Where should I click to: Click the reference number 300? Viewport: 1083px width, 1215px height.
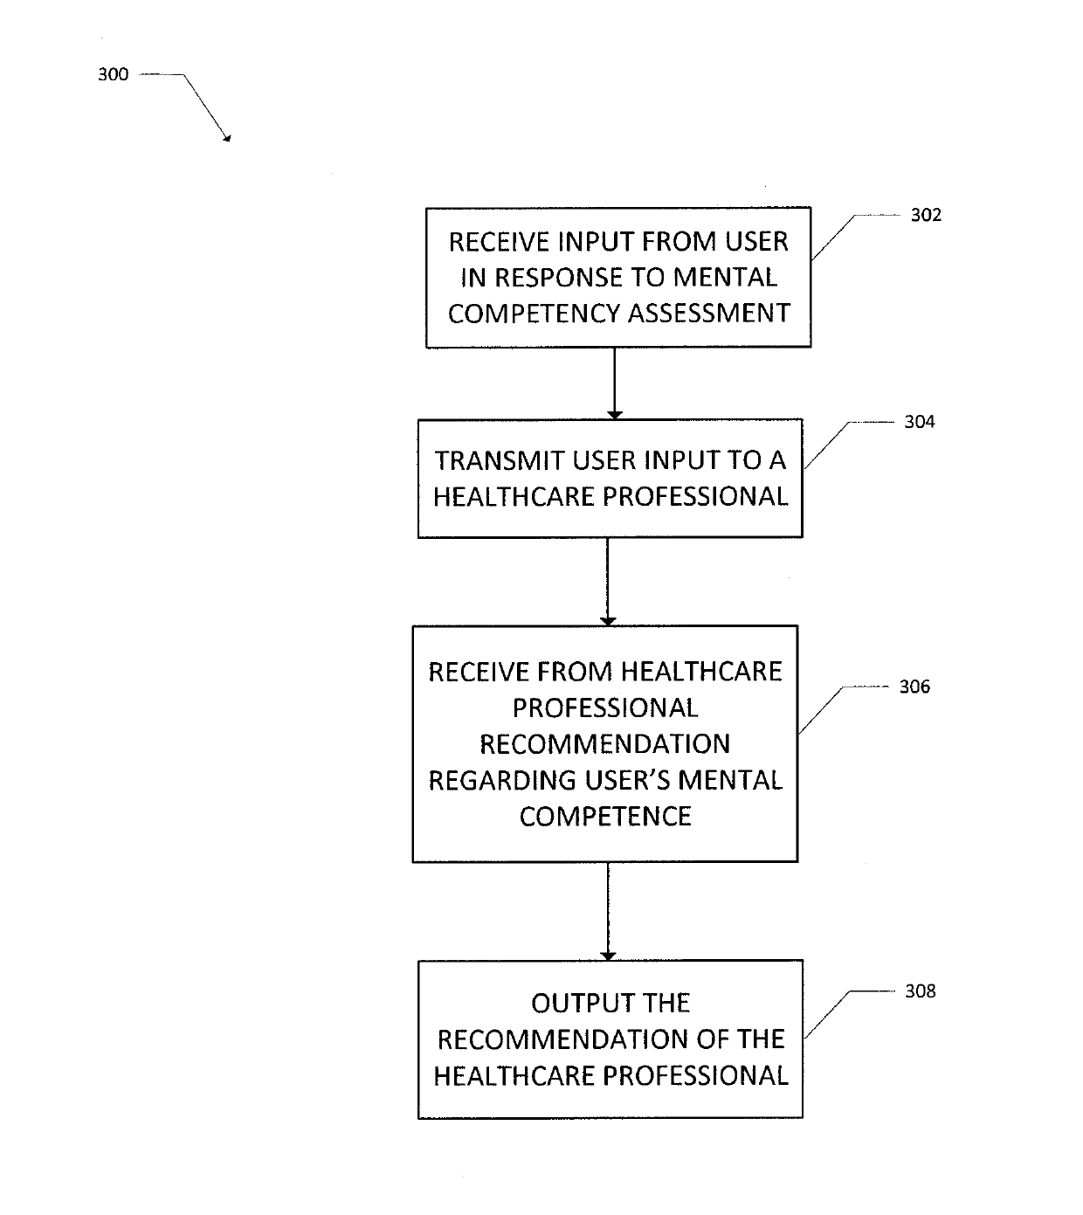[x=114, y=74]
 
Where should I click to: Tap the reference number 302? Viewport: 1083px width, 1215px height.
[x=926, y=215]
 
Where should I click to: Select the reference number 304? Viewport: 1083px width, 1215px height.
[x=920, y=422]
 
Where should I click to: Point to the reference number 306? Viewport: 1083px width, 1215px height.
[x=914, y=687]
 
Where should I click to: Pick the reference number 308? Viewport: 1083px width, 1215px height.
[x=920, y=991]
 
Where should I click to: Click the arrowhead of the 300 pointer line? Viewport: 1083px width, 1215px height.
[x=227, y=139]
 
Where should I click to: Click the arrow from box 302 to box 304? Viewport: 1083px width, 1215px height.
[x=615, y=383]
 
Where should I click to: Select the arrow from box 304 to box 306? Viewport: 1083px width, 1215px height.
[x=608, y=582]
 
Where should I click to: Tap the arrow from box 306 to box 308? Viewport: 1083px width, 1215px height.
[x=608, y=912]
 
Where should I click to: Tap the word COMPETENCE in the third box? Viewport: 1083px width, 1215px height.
[x=605, y=816]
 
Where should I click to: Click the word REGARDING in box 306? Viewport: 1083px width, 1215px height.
[x=502, y=780]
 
